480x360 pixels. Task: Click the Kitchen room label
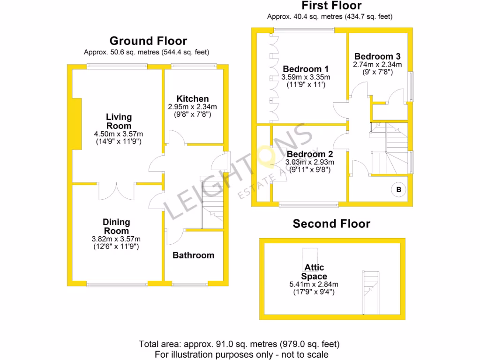[x=192, y=99]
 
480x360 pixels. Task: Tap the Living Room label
[x=119, y=121]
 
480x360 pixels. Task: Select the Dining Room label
[x=116, y=226]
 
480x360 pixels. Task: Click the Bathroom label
[x=193, y=255]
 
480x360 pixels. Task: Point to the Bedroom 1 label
[x=302, y=69]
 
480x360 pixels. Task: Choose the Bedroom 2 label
[x=310, y=154]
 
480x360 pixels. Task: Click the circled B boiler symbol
[x=399, y=190]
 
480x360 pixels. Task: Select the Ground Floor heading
[x=148, y=41]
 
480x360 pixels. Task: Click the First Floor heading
[x=331, y=6]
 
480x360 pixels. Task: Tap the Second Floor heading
[x=331, y=224]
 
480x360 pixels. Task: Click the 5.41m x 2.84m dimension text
[x=314, y=284]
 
